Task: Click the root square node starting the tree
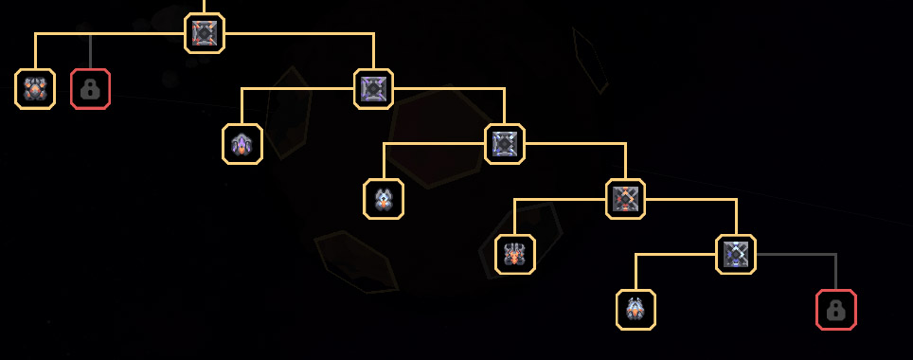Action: coord(205,33)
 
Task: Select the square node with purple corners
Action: coord(373,89)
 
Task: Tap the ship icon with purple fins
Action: coord(242,144)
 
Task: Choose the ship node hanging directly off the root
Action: coord(35,89)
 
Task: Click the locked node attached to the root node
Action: coord(90,89)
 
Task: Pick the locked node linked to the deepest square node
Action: coord(835,310)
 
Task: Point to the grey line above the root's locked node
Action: coord(90,51)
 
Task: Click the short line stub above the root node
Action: coord(205,6)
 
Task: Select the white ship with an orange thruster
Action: coord(384,199)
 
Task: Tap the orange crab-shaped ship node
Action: coord(515,254)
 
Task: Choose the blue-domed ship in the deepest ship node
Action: coord(636,310)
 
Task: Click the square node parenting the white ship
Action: coord(504,144)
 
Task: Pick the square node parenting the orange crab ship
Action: coord(625,199)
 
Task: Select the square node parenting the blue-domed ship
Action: coord(736,254)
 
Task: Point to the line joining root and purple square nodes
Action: coord(303,33)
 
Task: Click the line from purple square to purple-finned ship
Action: coord(284,89)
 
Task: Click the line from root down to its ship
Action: coord(104,33)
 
